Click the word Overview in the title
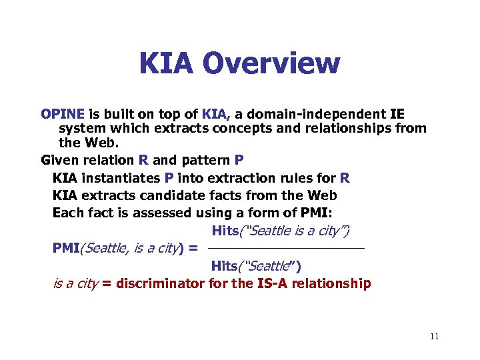coord(273,64)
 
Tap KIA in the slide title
coord(167,64)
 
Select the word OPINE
coord(62,114)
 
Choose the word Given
coord(59,160)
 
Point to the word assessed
coord(163,213)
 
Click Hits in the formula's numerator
coord(225,231)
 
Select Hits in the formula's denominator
coord(225,266)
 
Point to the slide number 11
coord(434,337)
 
